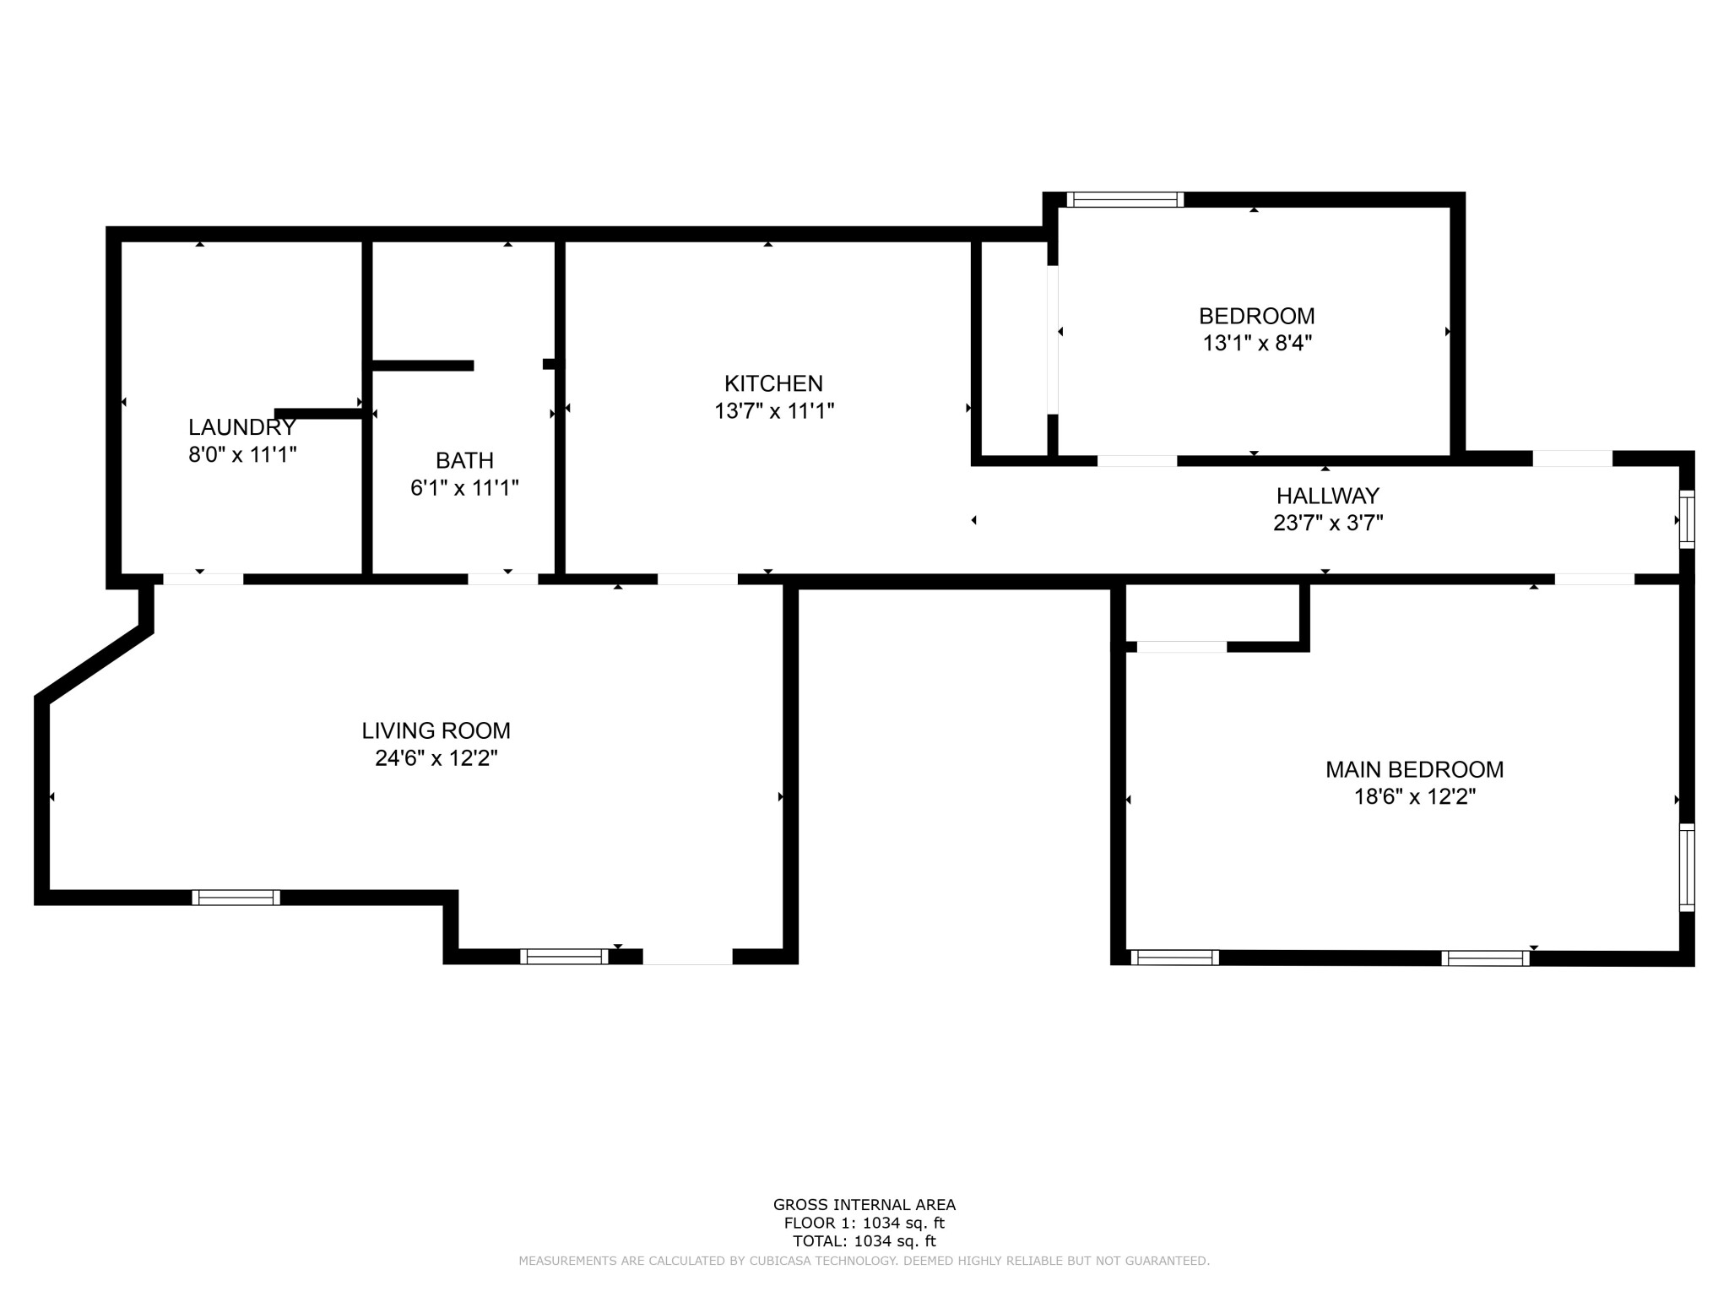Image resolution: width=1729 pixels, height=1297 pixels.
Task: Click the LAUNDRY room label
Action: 241,427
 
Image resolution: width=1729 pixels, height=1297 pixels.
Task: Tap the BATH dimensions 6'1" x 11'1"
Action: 464,488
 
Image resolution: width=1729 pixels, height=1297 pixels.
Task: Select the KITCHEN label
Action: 773,383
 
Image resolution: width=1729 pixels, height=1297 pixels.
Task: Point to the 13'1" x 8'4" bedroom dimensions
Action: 1257,344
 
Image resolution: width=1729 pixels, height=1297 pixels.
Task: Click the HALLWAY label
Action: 1327,496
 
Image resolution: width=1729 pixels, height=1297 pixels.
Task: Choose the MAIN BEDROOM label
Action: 1414,769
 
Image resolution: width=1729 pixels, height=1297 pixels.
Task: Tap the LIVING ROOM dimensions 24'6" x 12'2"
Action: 436,758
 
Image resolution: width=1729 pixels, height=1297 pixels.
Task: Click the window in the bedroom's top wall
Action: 1125,200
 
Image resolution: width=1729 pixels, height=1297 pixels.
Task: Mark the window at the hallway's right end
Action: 1686,519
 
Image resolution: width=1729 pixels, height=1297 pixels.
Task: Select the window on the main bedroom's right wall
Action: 1686,867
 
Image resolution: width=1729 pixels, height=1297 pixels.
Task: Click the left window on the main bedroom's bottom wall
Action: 1174,958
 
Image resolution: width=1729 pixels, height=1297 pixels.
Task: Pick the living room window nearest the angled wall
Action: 236,898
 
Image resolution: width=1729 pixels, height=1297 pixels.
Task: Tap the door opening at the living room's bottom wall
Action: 687,957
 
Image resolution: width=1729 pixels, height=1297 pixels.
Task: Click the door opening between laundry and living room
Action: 203,579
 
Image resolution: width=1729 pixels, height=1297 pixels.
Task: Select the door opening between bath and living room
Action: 502,579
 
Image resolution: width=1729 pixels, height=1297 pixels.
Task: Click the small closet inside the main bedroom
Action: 1212,614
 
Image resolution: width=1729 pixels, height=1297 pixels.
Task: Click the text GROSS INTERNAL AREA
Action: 864,1205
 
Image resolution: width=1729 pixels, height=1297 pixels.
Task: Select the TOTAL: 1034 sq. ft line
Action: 864,1241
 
